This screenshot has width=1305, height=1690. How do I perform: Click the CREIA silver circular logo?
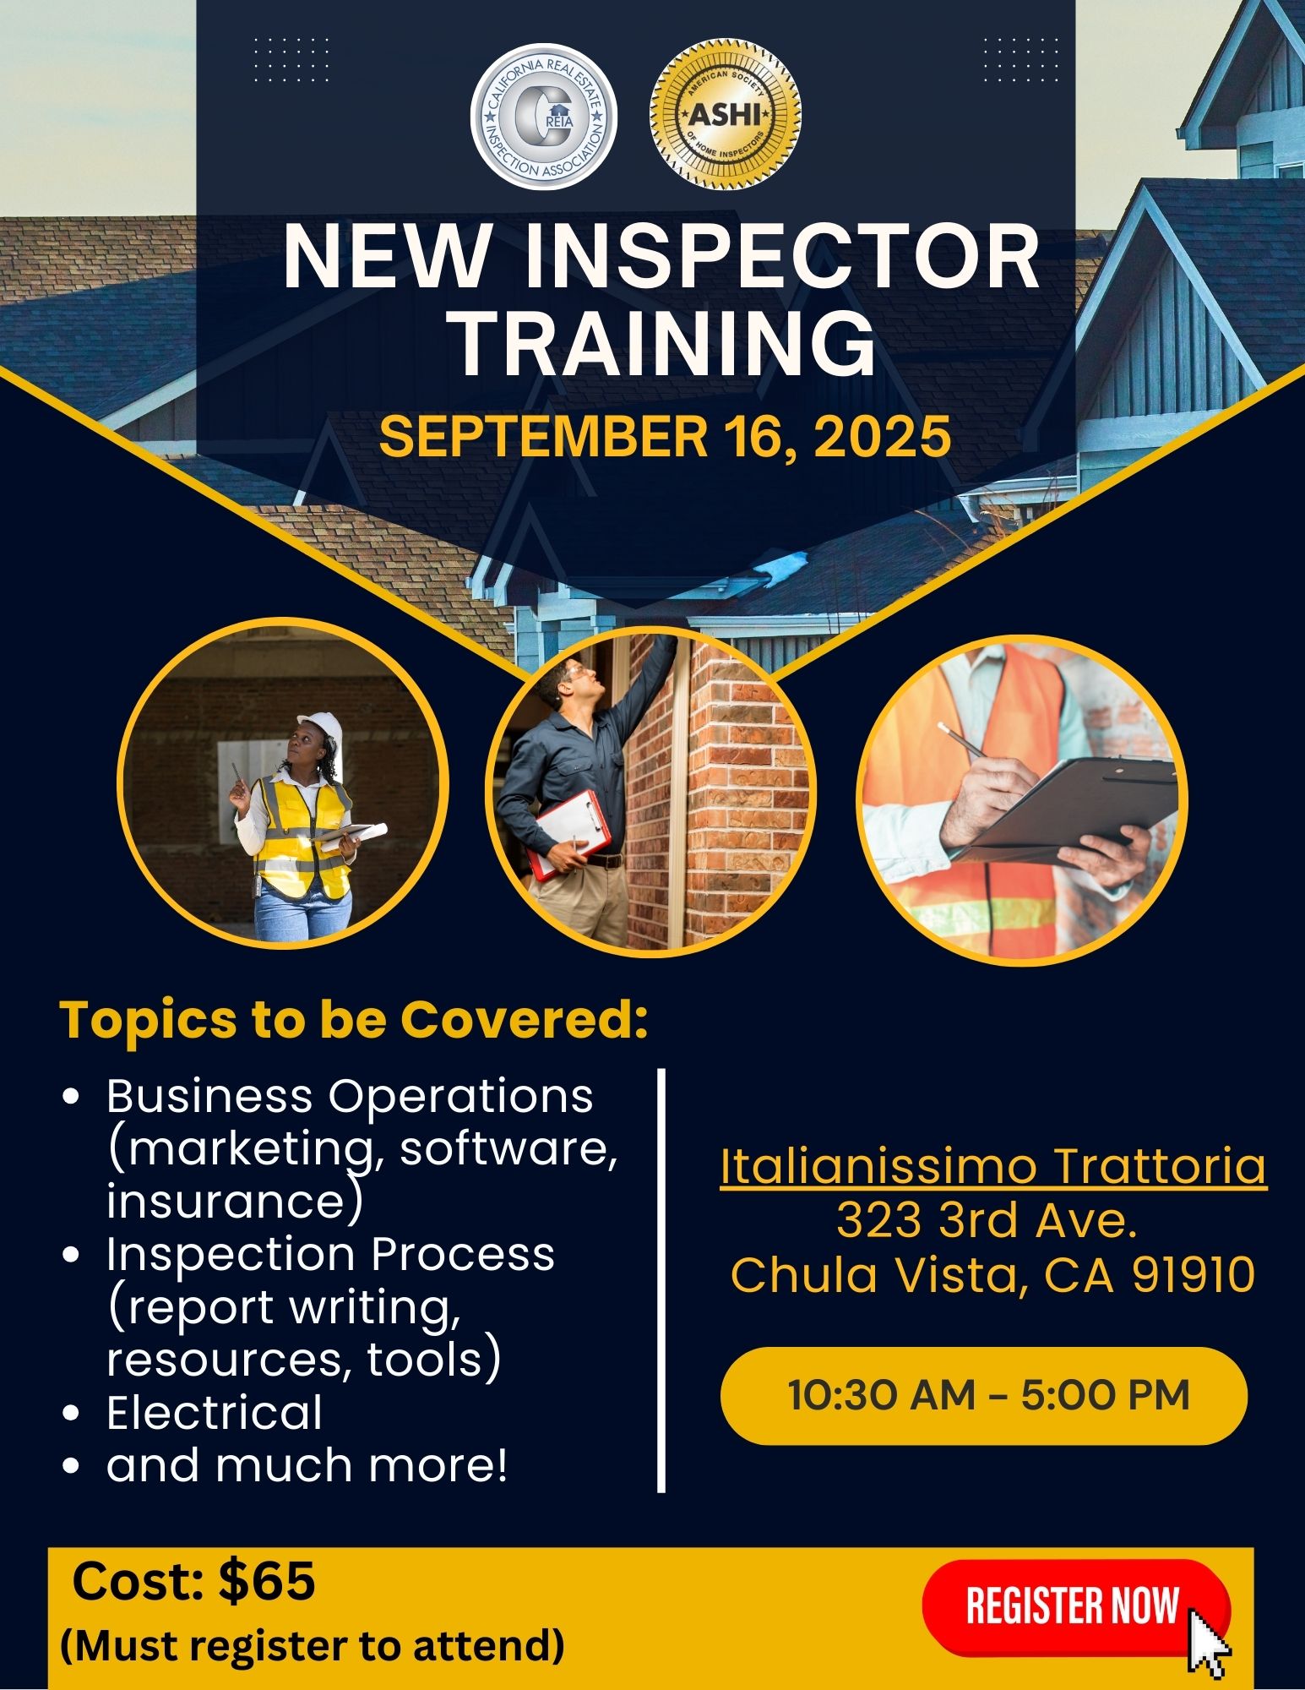tap(543, 117)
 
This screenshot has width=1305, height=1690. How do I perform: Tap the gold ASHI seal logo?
tap(726, 115)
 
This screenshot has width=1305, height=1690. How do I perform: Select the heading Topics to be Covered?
tap(352, 1020)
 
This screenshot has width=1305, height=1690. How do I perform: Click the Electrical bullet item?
tap(215, 1412)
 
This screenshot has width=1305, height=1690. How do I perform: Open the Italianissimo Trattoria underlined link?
tap(993, 1167)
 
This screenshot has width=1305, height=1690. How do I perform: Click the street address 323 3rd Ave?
tap(986, 1220)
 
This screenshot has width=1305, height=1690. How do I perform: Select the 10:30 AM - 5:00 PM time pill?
tap(984, 1395)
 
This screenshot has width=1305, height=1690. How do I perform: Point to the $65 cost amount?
tap(266, 1581)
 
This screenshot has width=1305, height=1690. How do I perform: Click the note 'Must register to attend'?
tap(313, 1645)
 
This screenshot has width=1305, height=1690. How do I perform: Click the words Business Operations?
tap(350, 1096)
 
